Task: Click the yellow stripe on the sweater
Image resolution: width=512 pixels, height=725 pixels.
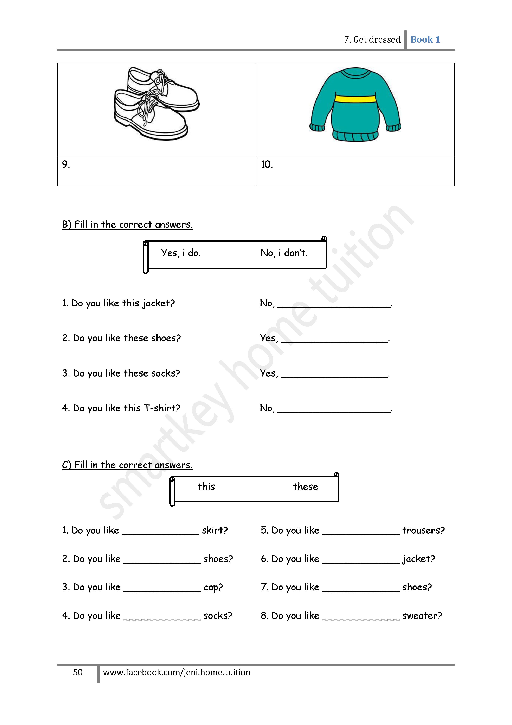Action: coord(355,99)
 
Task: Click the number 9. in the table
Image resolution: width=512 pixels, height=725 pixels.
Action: coord(66,165)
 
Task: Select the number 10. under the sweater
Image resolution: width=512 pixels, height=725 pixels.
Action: coord(267,165)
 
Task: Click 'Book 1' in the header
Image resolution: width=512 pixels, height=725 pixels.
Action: coord(425,40)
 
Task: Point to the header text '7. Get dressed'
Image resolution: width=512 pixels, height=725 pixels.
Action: coord(372,40)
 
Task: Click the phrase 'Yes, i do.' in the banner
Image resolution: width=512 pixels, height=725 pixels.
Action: coord(181,253)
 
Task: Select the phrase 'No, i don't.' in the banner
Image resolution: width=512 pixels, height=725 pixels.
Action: coord(284,253)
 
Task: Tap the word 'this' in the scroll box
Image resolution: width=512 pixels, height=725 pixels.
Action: coord(206,487)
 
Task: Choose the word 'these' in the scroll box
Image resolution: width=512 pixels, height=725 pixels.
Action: coord(305,487)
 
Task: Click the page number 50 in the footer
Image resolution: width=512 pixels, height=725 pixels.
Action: coord(78,673)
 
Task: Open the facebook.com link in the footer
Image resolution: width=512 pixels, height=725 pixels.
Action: coord(177,673)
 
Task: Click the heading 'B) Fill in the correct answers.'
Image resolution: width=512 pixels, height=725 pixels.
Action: coord(127,224)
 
